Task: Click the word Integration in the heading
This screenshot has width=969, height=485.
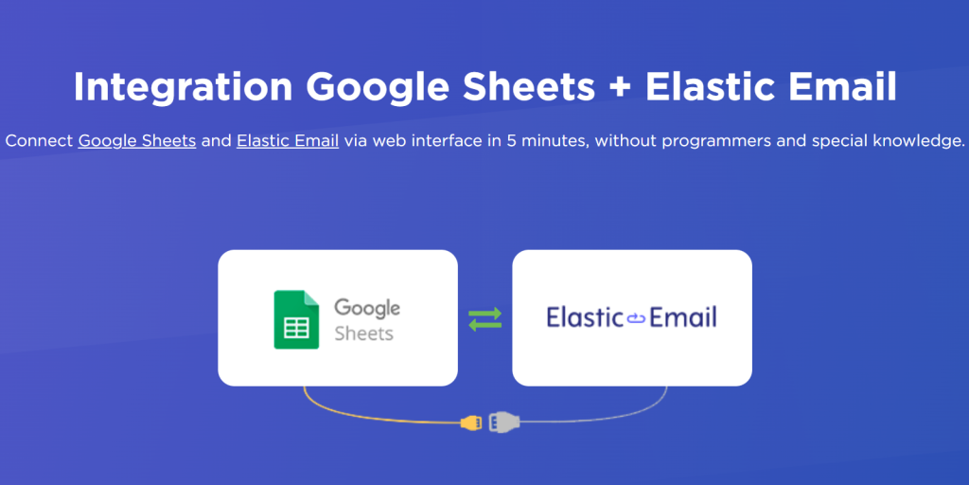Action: (x=183, y=88)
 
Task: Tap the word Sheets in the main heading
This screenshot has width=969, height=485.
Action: (x=530, y=86)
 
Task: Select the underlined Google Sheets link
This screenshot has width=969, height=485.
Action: (x=137, y=141)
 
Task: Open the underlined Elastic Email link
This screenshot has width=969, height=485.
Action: (x=288, y=141)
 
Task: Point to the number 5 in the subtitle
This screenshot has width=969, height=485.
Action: (x=511, y=141)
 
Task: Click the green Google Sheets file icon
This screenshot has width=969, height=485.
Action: (x=296, y=319)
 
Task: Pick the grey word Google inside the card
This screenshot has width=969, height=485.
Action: (x=367, y=308)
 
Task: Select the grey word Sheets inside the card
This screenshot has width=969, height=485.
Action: (x=364, y=333)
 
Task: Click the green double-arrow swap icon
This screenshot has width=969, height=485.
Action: (x=485, y=318)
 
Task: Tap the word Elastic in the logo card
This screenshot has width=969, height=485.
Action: (x=585, y=317)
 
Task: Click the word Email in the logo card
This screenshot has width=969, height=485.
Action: (x=682, y=317)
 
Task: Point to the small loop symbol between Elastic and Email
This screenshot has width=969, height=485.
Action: (x=636, y=318)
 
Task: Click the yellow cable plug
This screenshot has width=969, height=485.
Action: (x=471, y=423)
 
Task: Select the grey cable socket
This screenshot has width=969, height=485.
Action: (x=504, y=422)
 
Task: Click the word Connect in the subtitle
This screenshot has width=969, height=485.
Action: (x=39, y=141)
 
